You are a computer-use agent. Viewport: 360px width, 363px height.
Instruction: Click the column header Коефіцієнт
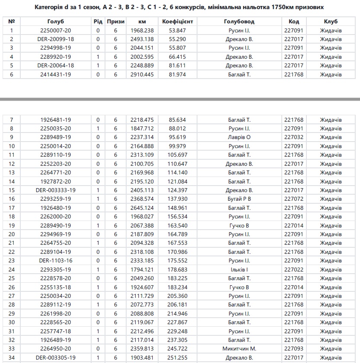(178, 21)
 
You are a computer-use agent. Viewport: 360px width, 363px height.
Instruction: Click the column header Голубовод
(239, 21)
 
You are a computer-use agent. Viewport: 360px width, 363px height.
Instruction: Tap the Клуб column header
(331, 21)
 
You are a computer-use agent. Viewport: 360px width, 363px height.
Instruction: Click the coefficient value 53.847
(178, 30)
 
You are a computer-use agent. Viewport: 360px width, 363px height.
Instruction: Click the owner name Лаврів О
(239, 137)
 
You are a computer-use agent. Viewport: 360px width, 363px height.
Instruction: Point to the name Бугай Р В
(239, 199)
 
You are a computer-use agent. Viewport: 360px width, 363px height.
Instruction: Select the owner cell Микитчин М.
(239, 349)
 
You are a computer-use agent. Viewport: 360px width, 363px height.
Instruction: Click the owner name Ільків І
(239, 269)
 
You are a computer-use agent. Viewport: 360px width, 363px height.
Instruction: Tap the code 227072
(293, 199)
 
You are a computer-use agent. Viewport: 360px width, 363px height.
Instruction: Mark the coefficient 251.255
(178, 357)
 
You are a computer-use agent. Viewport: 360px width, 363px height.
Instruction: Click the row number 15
(12, 190)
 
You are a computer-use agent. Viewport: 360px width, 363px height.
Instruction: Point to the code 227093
(293, 349)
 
